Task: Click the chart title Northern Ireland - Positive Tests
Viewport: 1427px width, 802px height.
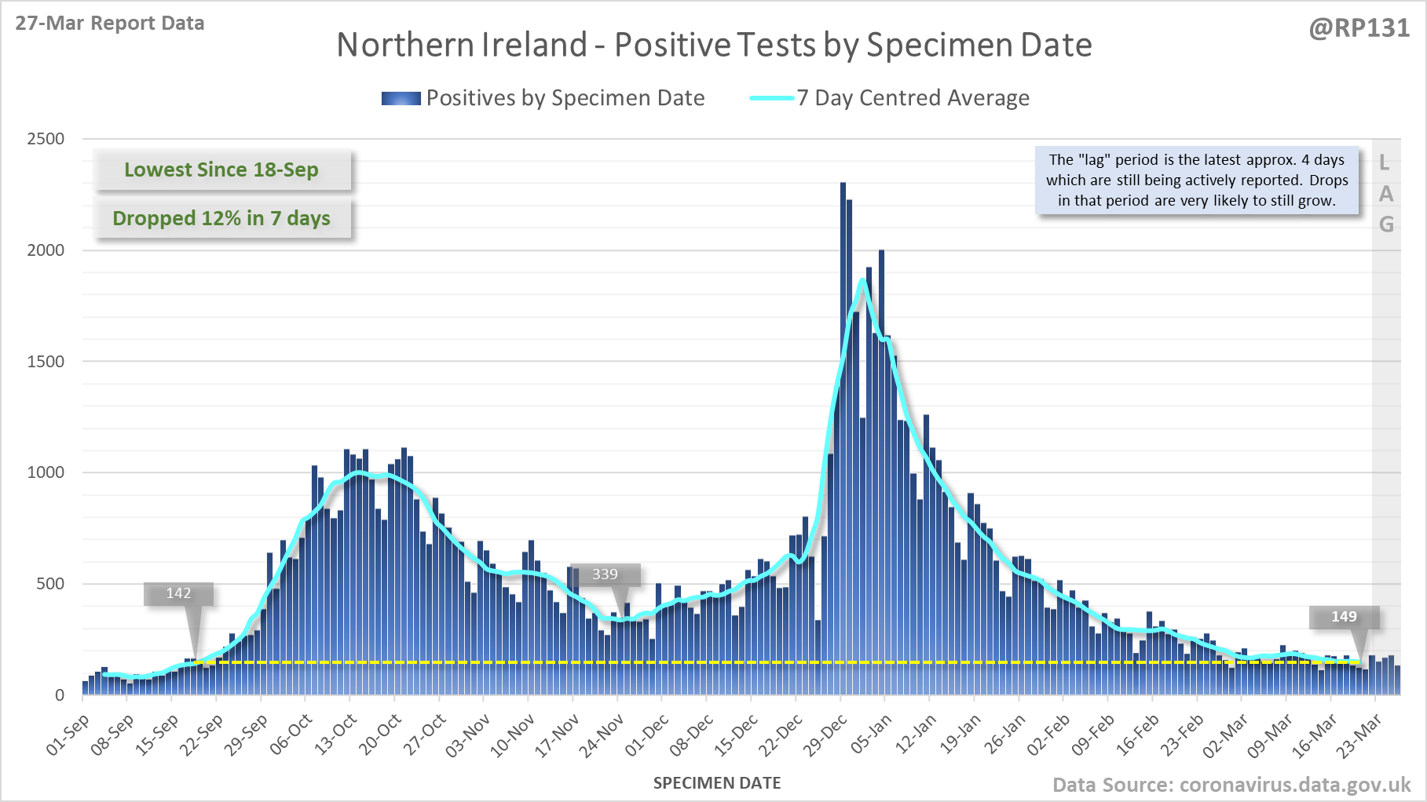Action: point(714,46)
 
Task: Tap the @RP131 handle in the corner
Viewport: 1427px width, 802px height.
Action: point(1359,28)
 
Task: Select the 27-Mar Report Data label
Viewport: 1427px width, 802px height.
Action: point(110,24)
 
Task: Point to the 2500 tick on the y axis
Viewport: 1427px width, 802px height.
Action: point(46,139)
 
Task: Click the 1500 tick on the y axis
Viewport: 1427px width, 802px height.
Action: point(46,362)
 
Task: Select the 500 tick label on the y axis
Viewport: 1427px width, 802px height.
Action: point(49,584)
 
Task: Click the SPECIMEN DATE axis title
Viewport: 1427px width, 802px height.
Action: point(717,783)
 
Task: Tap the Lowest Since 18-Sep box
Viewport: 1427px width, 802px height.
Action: point(221,170)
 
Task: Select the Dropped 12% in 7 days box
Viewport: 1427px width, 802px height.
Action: point(221,218)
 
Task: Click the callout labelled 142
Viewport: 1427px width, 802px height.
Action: point(178,593)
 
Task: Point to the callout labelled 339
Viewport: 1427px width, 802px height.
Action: point(605,574)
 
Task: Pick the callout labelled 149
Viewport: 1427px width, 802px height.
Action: point(1344,617)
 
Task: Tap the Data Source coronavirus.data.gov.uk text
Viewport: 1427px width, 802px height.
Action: point(1231,785)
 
